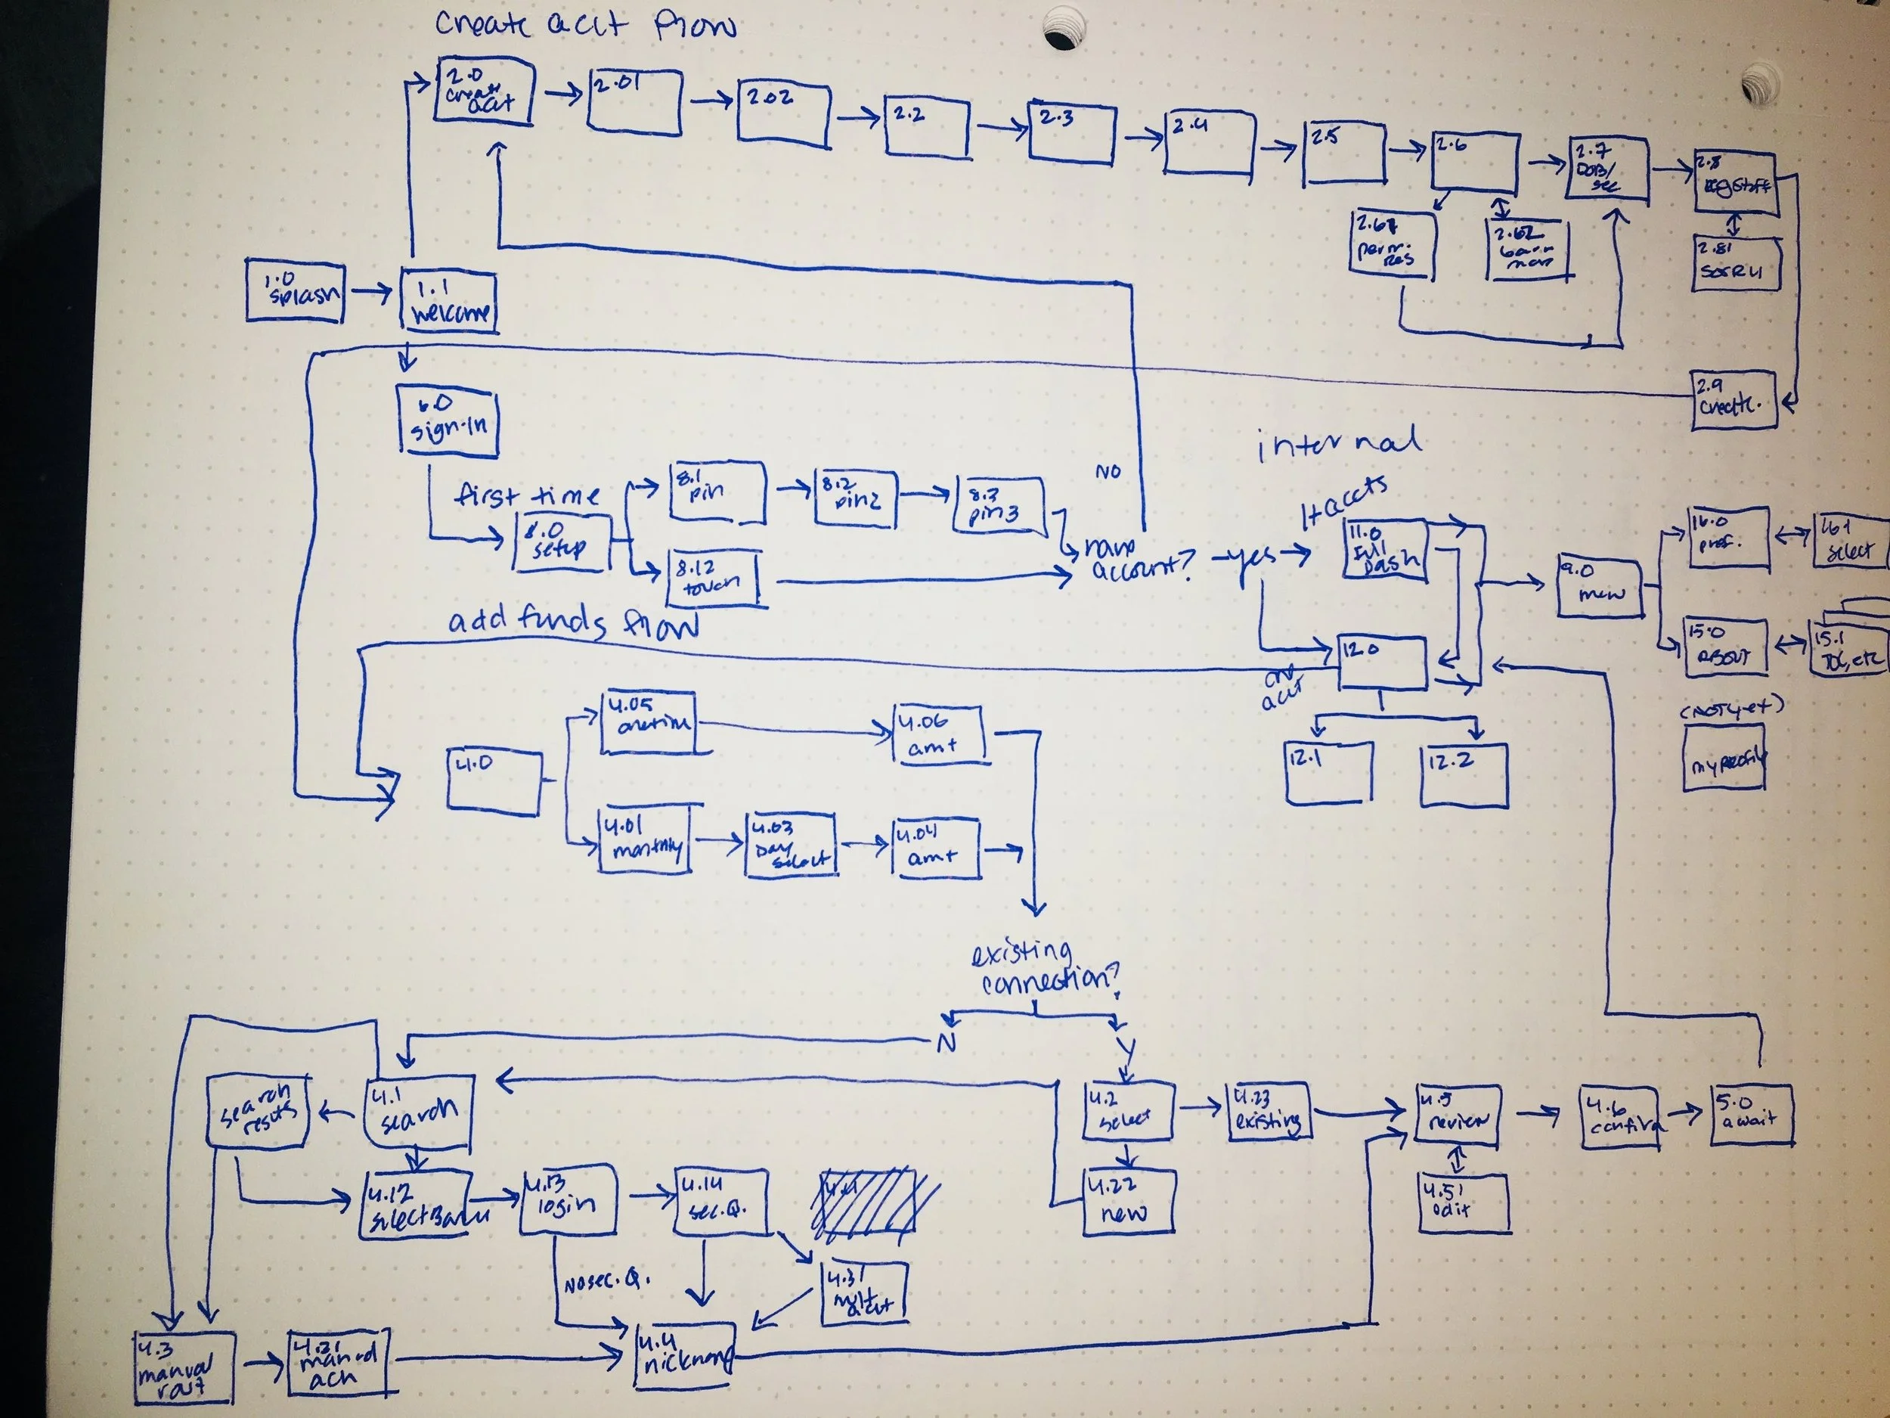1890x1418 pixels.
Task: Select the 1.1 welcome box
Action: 449,302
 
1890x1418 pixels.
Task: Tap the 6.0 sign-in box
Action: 448,420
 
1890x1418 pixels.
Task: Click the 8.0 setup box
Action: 562,542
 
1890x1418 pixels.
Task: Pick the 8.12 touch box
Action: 714,579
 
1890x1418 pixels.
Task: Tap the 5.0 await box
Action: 1752,1115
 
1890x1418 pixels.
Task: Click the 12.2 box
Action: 1464,774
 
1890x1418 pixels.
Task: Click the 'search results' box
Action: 258,1110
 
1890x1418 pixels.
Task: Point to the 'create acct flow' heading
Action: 584,26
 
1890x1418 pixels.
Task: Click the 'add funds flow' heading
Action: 572,622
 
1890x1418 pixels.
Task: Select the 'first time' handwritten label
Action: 527,495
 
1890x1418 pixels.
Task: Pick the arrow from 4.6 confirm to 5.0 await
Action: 1683,1112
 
